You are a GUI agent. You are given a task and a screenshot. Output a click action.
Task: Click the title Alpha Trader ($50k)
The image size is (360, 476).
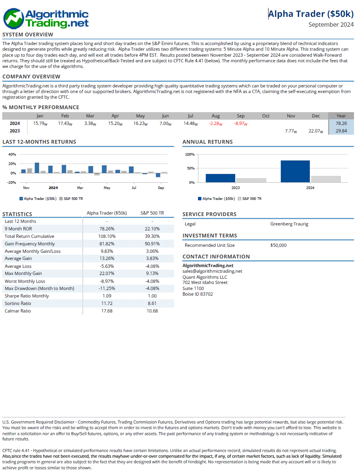tap(311, 14)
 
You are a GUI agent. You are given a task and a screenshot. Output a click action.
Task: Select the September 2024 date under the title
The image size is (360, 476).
tap(331, 25)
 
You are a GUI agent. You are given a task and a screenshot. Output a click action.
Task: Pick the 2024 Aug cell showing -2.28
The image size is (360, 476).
tap(215, 123)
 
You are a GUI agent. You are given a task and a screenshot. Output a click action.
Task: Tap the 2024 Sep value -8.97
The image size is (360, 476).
tap(240, 123)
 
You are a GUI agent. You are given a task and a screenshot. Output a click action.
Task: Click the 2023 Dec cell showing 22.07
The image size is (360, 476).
tap(315, 131)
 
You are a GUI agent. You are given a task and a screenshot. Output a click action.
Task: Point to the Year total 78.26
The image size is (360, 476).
tap(341, 123)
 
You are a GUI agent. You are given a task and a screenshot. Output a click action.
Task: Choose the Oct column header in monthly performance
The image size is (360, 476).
tap(265, 116)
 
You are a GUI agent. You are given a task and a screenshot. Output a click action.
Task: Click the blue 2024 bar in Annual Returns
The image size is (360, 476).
tap(295, 171)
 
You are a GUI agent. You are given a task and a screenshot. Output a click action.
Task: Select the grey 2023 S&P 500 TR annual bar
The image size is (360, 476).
tap(251, 180)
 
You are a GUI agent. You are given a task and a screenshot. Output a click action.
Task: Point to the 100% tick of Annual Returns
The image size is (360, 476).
tap(190, 155)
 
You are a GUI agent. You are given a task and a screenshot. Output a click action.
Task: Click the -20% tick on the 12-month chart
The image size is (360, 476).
tap(12, 183)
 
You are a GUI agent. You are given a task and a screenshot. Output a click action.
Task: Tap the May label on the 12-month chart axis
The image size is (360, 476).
tap(107, 188)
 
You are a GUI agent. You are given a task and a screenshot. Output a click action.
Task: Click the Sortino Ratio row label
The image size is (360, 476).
tap(18, 303)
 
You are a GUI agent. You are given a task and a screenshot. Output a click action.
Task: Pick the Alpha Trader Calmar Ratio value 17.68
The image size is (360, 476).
tap(107, 311)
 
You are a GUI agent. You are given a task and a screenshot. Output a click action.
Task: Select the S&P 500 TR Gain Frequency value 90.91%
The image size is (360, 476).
tap(152, 244)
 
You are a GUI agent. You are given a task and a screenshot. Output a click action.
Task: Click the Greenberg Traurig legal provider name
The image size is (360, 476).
tap(289, 224)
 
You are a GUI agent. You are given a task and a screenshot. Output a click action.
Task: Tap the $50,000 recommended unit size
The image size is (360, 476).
tap(278, 245)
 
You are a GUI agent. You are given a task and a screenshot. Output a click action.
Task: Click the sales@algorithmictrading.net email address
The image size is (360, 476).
tap(212, 271)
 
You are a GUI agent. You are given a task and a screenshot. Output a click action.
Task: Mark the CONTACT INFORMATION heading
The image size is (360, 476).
tap(216, 257)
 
